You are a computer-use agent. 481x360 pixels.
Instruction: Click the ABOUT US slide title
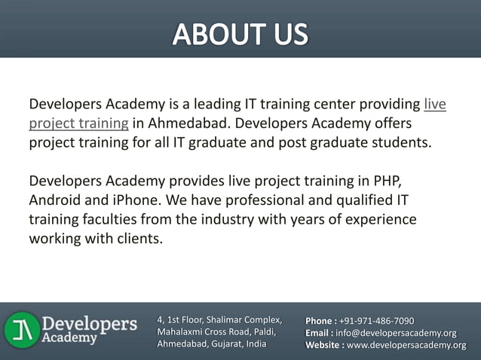point(240,34)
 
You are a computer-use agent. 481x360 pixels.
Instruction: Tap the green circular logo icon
point(21,330)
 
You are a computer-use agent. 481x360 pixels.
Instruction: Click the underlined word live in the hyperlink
point(435,104)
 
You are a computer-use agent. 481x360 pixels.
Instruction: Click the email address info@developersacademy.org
point(396,333)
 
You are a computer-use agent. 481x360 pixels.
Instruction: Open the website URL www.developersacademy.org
point(406,345)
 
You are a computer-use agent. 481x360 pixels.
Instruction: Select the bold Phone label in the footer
point(320,322)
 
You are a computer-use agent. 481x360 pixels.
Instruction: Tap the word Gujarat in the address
point(224,344)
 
